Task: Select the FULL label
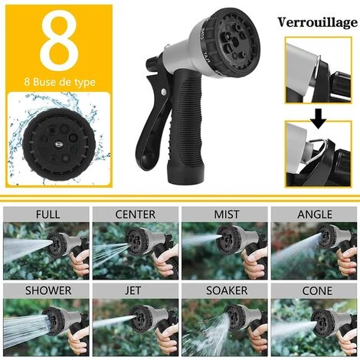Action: click(x=46, y=214)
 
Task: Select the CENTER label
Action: click(x=135, y=214)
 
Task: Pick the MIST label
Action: click(x=224, y=214)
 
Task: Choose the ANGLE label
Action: click(x=314, y=214)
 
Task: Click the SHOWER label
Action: click(x=46, y=292)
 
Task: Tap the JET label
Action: click(x=135, y=292)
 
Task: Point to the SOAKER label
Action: click(x=224, y=292)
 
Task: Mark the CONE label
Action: click(x=314, y=292)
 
